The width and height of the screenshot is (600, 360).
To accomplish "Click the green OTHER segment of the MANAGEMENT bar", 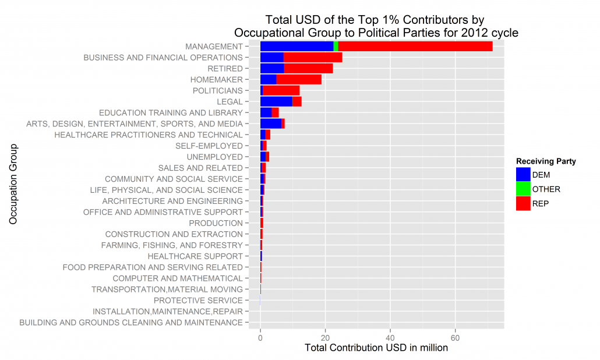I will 336,47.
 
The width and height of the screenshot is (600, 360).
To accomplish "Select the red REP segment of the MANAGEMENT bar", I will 415,47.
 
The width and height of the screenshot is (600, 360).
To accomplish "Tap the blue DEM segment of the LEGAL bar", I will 276,102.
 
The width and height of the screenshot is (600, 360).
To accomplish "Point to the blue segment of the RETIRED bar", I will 271,69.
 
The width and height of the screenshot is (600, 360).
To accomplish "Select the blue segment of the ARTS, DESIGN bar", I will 270,124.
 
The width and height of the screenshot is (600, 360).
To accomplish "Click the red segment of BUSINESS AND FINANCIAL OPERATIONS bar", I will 312,58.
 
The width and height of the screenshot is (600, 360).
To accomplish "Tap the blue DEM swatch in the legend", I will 523,174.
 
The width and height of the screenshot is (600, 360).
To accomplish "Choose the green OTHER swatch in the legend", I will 523,189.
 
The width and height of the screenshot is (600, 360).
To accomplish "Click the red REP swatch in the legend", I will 523,203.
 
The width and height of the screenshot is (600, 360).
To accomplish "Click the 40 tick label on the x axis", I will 391,337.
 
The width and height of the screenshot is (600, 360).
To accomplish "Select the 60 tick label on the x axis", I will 456,337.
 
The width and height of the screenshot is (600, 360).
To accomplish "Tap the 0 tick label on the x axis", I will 260,337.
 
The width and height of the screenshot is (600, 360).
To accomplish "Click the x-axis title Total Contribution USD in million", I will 376,348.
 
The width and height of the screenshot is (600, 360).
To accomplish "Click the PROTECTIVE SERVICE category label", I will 198,301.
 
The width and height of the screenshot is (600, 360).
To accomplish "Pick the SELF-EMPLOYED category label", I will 209,146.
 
